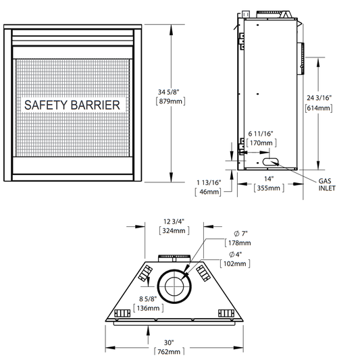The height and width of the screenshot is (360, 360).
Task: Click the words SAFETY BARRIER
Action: tap(72, 105)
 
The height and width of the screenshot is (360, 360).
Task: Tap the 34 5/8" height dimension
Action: tap(168, 92)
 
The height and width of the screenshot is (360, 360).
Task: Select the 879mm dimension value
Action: tap(170, 101)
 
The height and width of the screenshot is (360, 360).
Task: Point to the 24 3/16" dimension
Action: tap(319, 98)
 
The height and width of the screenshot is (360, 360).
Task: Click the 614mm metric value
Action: tap(319, 108)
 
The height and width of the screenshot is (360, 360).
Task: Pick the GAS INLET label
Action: tap(327, 184)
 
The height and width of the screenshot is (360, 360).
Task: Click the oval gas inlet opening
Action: tap(270, 161)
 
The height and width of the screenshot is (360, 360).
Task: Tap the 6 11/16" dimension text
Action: tap(260, 134)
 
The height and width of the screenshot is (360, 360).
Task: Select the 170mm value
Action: tap(261, 143)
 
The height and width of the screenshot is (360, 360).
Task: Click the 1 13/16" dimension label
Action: tap(209, 183)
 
